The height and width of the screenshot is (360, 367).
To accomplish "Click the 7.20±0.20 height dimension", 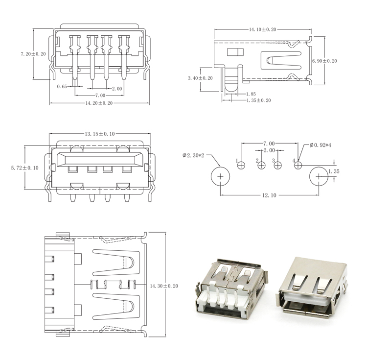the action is point(33,54).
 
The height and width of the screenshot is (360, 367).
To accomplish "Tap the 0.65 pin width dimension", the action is point(62,86).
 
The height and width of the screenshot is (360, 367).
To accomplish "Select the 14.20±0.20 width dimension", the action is point(99,103).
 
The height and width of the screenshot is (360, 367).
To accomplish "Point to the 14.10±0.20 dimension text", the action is point(262,29).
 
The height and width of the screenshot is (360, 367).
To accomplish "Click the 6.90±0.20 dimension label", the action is point(324,61).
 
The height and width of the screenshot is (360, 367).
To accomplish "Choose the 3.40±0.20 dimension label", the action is point(200,78).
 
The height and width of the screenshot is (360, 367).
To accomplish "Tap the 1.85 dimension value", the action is point(251,94).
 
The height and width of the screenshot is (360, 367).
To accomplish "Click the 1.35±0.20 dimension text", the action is point(259,100).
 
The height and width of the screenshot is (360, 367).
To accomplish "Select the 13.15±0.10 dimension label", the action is point(100,134).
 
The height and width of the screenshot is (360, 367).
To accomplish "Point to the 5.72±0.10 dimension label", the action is point(24,168).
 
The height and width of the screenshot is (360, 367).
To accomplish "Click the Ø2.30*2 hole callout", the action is point(193,155).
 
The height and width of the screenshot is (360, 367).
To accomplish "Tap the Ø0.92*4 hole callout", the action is point(320,145).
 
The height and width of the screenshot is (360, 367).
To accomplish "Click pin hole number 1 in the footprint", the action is point(241,166).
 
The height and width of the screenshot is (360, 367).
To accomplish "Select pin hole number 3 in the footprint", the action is point(277,166).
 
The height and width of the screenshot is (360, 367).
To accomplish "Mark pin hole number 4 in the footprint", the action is point(298,166).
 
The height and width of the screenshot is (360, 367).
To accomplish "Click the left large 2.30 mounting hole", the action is point(220,176).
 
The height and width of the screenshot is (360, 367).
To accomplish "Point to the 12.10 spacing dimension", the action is point(269,195).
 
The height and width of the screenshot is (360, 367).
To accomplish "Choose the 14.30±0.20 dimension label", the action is point(164,286).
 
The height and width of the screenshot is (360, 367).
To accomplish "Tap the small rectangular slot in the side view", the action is point(235,52).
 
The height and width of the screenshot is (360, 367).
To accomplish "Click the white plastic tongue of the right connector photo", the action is point(307,299).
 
